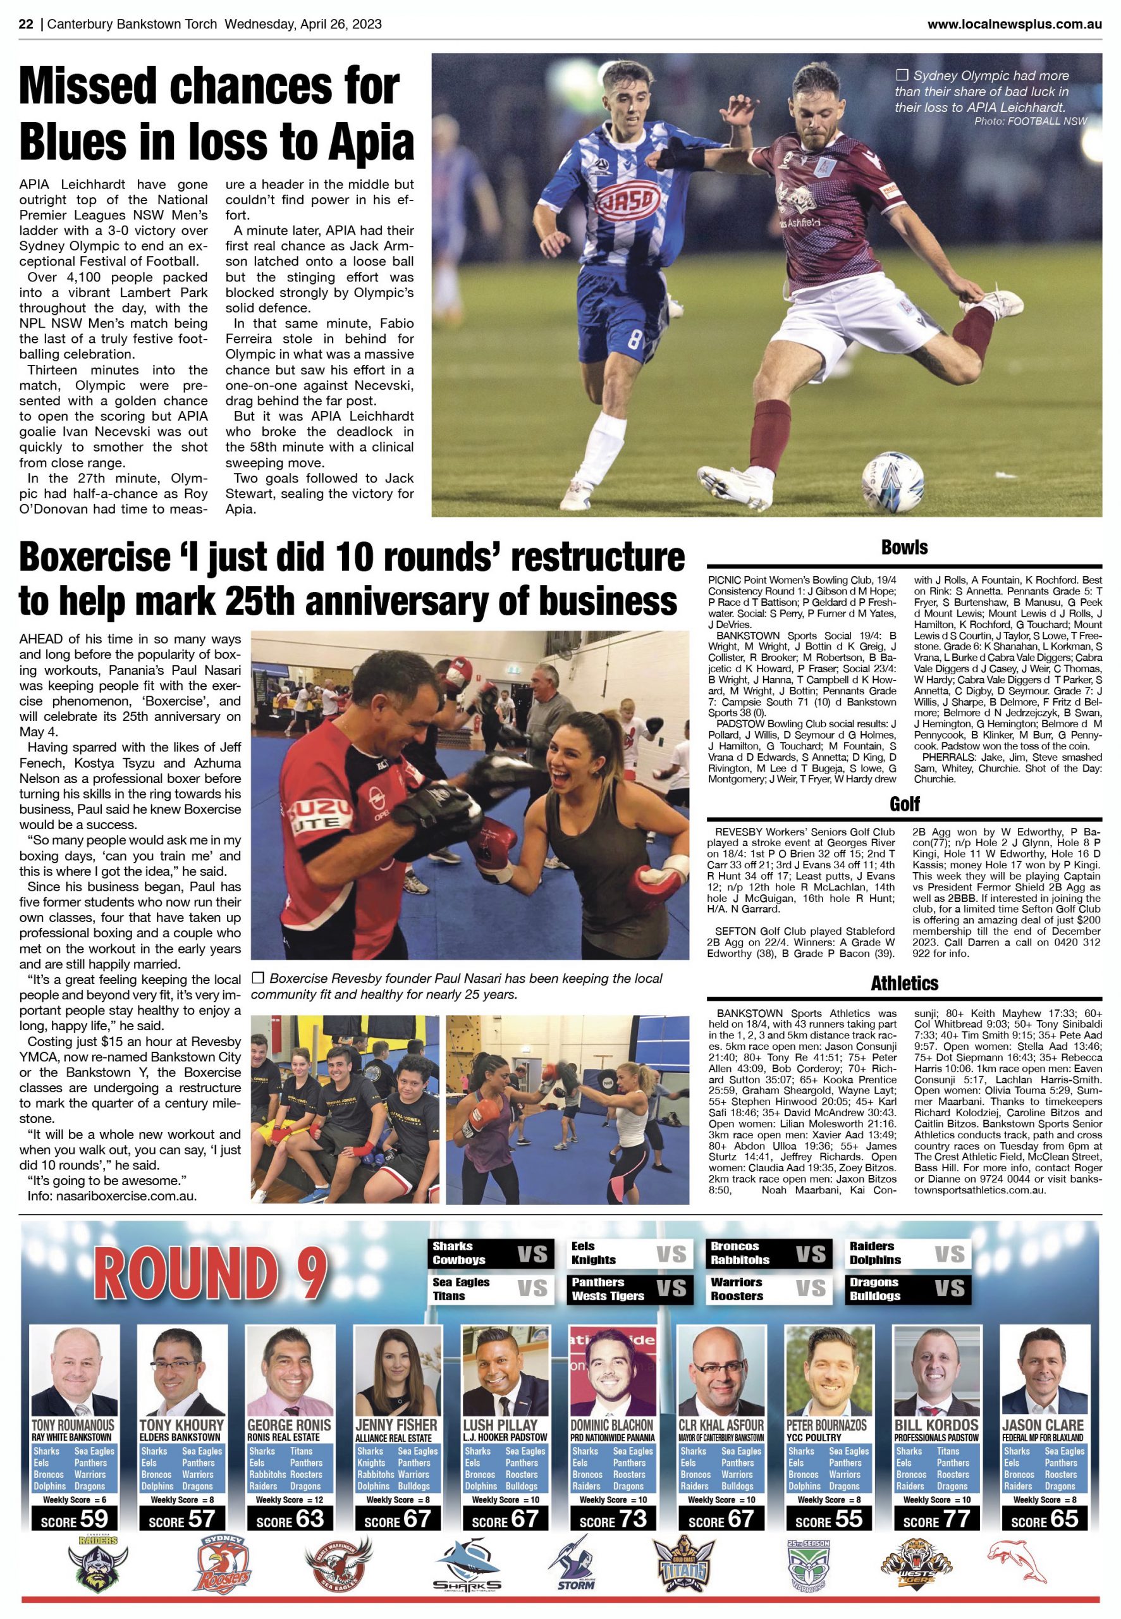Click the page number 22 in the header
click(26, 24)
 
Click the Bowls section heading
click(904, 548)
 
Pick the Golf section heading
click(904, 804)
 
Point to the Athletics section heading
click(904, 983)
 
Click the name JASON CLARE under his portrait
click(1043, 1425)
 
